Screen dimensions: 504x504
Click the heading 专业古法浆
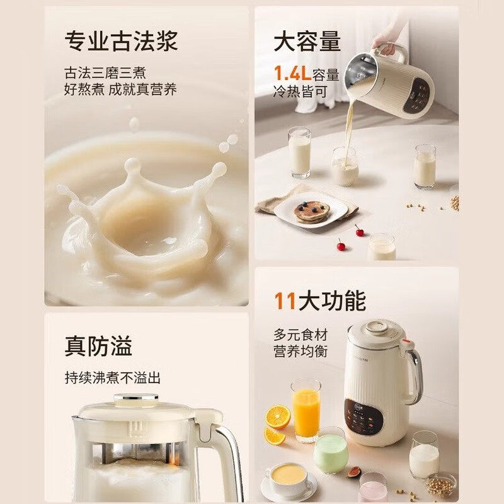pyautogui.click(x=121, y=42)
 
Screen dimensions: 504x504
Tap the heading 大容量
pyautogui.click(x=307, y=42)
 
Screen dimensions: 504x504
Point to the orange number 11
pyautogui.click(x=285, y=301)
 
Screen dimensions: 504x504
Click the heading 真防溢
pyautogui.click(x=98, y=346)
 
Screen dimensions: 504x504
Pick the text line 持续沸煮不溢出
pyautogui.click(x=113, y=378)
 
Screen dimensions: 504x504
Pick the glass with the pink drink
pyautogui.click(x=373, y=488)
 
